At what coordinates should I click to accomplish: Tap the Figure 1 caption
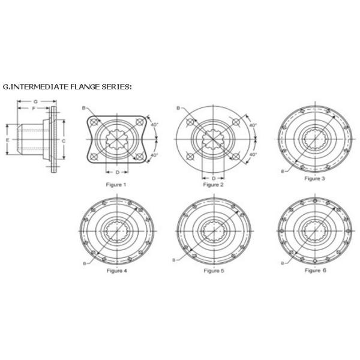tap(116, 185)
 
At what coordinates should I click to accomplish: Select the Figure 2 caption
tap(213, 185)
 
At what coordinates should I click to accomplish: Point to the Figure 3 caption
tap(314, 178)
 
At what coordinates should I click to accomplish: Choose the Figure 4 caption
tap(116, 271)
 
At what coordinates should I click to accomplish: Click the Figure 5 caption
tap(214, 271)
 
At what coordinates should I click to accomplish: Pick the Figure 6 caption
tap(316, 271)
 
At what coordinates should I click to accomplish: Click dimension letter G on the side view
tap(35, 101)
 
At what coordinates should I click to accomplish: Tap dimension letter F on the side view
tap(34, 109)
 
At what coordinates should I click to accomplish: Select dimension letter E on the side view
tap(8, 140)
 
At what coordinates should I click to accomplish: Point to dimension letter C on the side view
tap(64, 141)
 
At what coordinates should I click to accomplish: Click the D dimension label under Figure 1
tap(118, 172)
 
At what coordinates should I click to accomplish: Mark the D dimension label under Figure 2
tap(214, 178)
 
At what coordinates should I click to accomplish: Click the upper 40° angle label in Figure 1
tap(155, 125)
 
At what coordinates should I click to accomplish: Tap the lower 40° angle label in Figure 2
tap(253, 155)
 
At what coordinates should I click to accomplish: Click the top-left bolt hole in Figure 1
tap(94, 122)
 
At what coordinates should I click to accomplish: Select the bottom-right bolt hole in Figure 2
tap(236, 157)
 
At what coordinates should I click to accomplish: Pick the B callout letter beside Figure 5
tap(173, 260)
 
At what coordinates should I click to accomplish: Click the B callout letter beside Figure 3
tap(283, 171)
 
